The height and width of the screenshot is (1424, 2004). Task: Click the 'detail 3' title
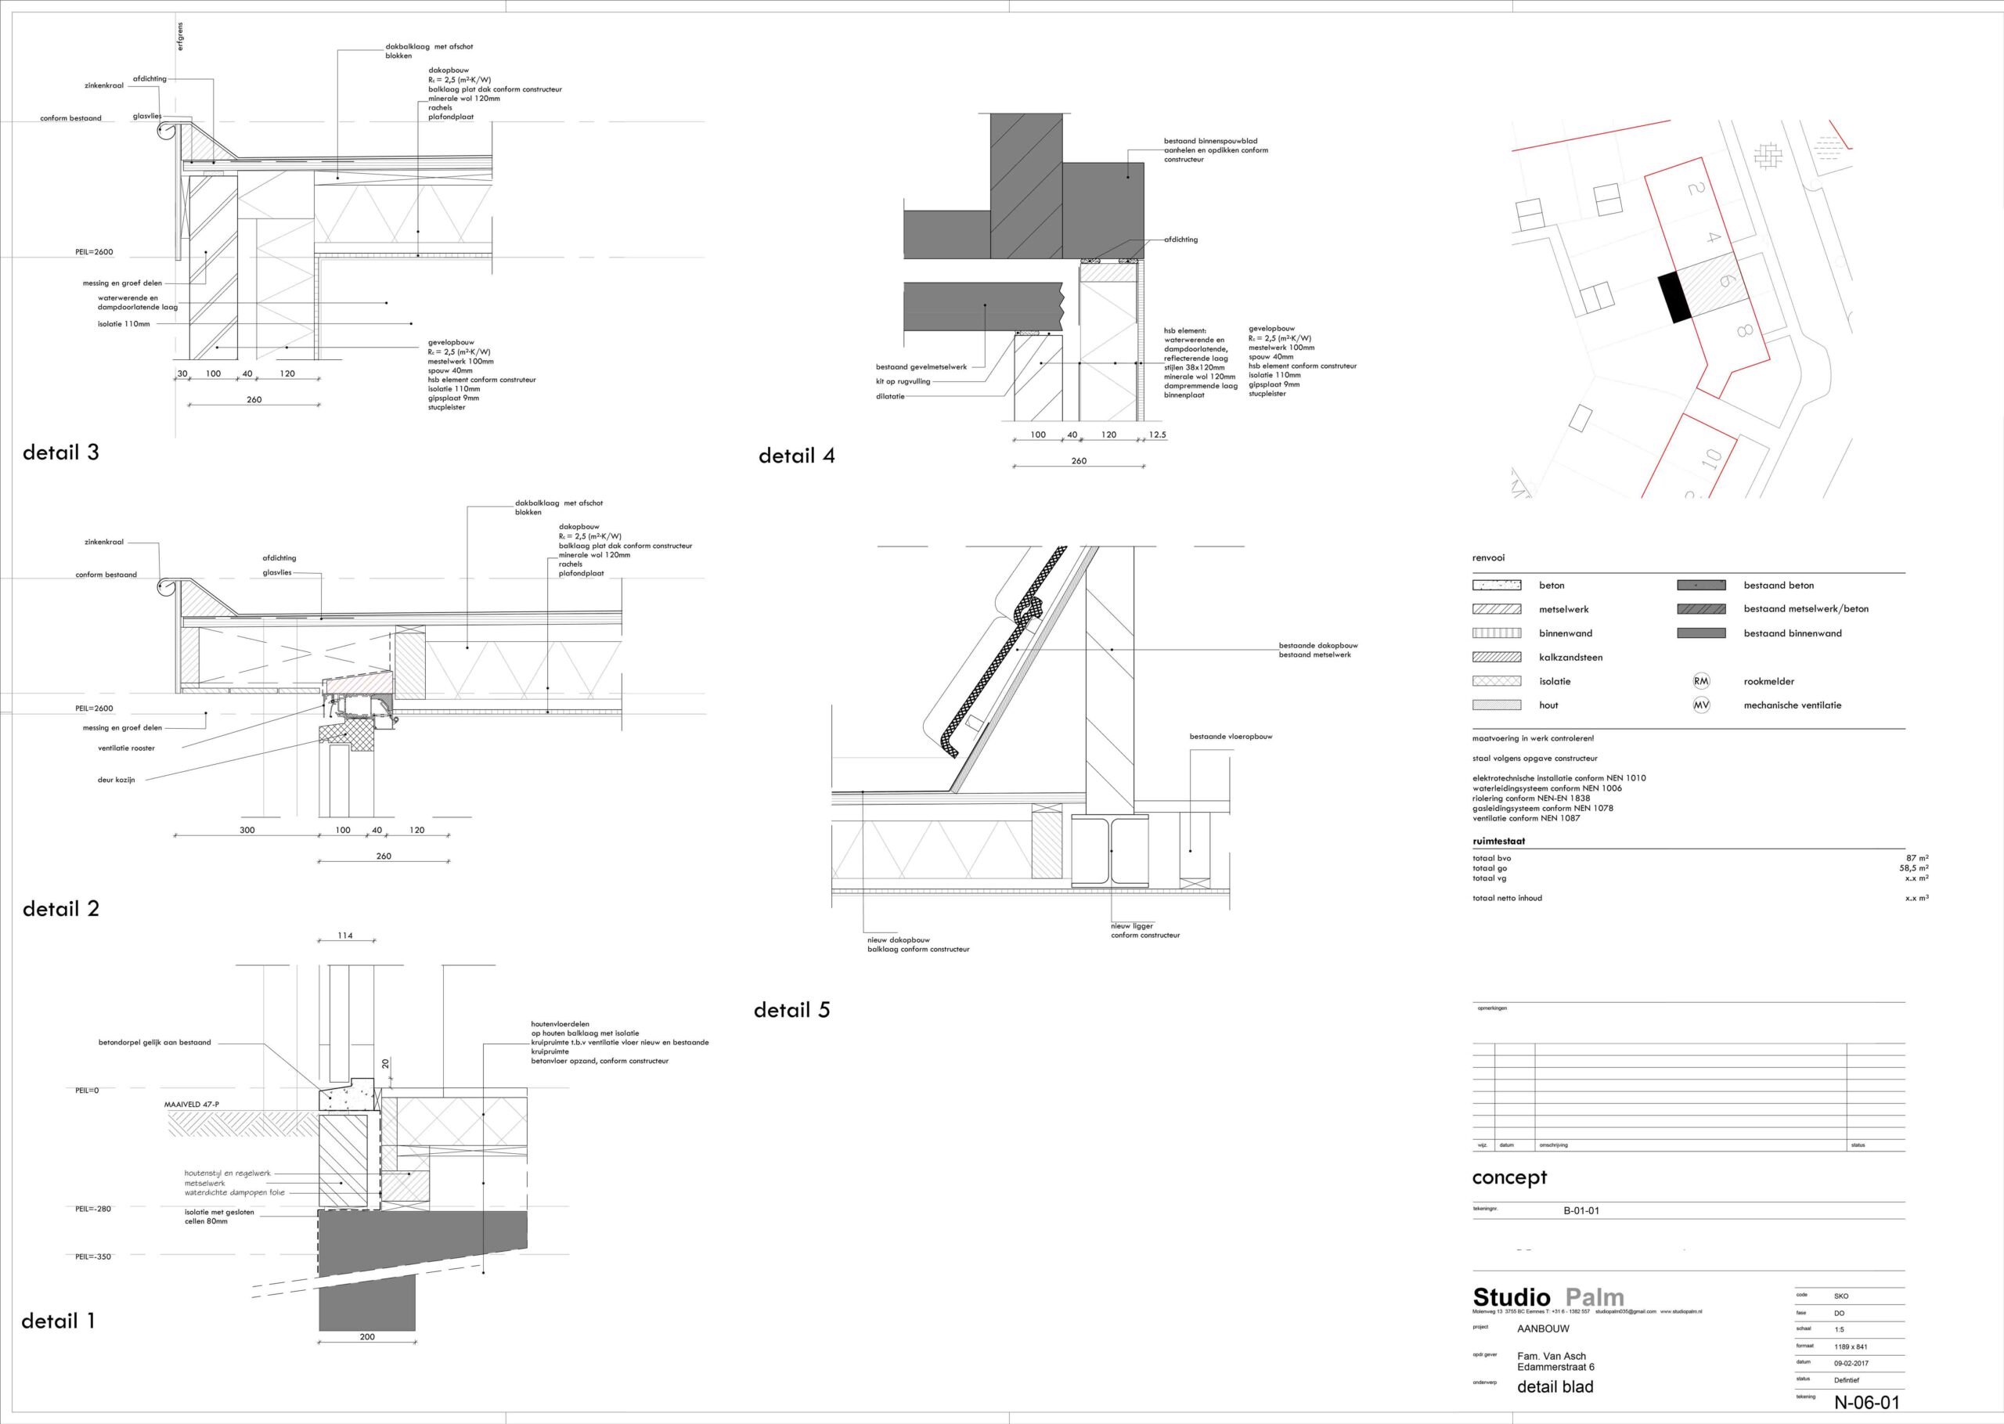pos(60,452)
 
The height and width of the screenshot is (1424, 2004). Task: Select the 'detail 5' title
pos(791,1010)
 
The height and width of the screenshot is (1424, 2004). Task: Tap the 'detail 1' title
pos(58,1321)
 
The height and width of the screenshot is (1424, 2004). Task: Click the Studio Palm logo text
pos(1548,1297)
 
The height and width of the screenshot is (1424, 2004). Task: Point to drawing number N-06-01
pos(1866,1402)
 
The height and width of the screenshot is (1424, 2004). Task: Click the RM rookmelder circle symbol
pos(1701,680)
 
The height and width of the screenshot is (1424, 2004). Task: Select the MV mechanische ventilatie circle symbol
pos(1701,705)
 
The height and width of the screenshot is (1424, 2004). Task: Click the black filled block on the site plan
pos(1673,297)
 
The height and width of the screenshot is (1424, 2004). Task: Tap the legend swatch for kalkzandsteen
pos(1497,657)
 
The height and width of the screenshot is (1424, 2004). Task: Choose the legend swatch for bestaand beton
pos(1701,585)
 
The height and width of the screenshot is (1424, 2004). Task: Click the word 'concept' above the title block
pos(1509,1177)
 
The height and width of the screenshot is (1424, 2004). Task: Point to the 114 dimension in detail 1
pos(345,936)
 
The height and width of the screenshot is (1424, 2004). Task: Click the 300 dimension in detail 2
pos(247,830)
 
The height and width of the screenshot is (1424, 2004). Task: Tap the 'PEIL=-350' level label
pos(94,1256)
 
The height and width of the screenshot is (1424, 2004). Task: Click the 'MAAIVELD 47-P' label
pos(192,1104)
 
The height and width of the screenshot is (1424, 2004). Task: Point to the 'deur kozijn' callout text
pos(117,780)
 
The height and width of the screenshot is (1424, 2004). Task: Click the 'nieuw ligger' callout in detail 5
pos(1133,926)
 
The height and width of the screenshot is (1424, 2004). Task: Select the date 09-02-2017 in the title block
pos(1851,1364)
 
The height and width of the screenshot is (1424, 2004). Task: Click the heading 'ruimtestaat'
pos(1498,841)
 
